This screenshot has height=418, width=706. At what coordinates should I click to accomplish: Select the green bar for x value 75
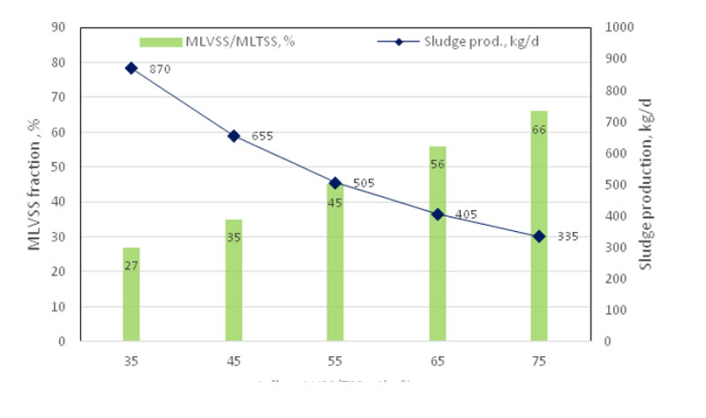539,226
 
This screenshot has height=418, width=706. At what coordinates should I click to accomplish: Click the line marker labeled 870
131,68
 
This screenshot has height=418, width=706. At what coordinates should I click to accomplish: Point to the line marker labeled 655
234,136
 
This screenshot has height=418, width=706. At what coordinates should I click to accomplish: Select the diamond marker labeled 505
335,183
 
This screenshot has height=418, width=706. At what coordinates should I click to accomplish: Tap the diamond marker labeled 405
438,214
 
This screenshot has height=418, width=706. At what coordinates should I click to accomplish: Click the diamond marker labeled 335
539,236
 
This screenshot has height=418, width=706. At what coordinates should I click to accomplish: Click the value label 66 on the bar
539,130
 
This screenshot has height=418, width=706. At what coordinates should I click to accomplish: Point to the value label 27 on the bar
131,265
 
